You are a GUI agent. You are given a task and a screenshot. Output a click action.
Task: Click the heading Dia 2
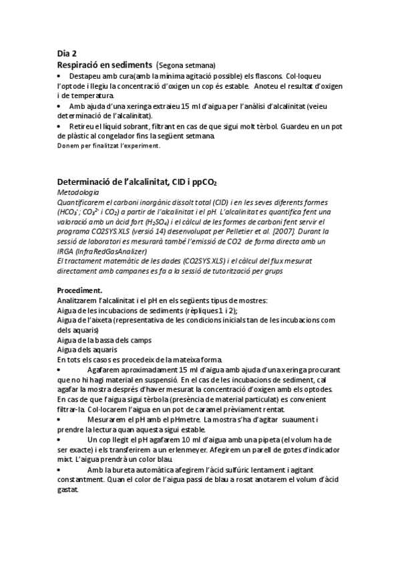67,55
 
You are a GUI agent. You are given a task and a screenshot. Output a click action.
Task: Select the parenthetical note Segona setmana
186,65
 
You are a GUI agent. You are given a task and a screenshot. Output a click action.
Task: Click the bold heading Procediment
79,290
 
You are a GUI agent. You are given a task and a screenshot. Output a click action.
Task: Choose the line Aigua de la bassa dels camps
104,340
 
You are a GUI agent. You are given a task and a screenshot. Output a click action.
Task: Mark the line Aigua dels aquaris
87,350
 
